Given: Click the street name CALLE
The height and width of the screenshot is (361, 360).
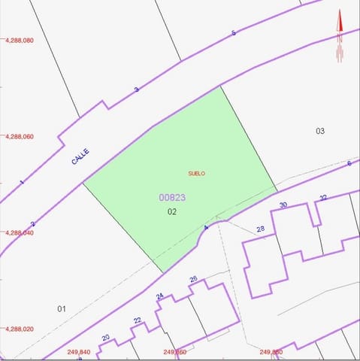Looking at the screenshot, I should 80,156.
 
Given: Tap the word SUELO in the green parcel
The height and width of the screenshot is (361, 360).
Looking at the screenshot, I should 196,174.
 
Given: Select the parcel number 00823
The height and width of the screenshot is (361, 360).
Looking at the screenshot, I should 172,198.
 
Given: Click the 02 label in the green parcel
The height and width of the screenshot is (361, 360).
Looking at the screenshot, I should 172,211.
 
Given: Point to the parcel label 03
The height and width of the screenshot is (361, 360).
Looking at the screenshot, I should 320,131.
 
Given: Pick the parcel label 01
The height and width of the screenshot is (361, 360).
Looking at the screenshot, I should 62,308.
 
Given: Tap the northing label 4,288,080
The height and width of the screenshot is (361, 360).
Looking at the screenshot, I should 20,41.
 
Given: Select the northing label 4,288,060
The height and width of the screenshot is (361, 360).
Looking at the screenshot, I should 20,137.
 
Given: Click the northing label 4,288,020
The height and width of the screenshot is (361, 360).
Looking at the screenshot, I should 20,329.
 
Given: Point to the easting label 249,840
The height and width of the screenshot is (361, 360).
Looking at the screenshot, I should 79,352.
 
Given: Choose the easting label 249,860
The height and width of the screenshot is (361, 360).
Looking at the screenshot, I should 174,352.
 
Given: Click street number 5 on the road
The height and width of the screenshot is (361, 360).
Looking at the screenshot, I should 234,32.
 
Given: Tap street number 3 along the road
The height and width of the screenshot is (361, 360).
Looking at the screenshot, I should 136,89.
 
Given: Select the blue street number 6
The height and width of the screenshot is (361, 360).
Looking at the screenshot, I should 349,163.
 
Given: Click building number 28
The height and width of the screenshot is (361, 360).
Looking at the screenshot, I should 261,229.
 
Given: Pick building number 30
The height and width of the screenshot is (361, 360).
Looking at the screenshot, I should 283,205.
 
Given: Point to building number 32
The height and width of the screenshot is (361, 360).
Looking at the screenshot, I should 323,197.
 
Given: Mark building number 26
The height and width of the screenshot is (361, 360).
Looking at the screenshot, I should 193,279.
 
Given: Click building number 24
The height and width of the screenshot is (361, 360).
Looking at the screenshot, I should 160,296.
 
